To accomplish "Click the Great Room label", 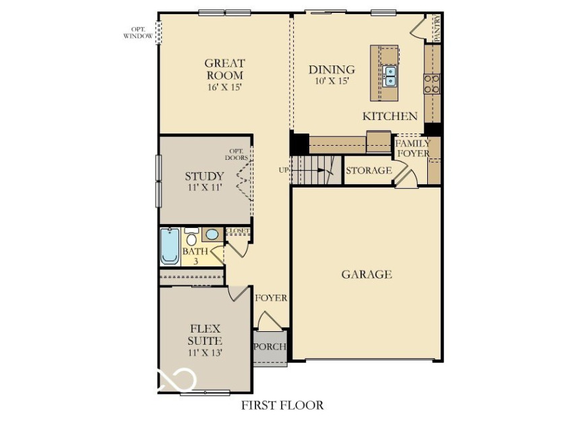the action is pyautogui.click(x=224, y=69).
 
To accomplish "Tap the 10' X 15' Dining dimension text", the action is pyautogui.click(x=332, y=80).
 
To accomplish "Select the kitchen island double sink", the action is pyautogui.click(x=390, y=76).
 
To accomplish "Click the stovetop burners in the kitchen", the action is pyautogui.click(x=431, y=84).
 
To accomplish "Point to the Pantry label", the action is pyautogui.click(x=437, y=28).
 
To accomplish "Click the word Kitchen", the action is pyautogui.click(x=390, y=116).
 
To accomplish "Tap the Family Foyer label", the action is pyautogui.click(x=413, y=148).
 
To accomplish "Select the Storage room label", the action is pyautogui.click(x=369, y=170).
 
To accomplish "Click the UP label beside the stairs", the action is pyautogui.click(x=284, y=170).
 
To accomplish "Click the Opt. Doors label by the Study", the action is pyautogui.click(x=237, y=154).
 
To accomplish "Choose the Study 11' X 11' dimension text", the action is pyautogui.click(x=204, y=188).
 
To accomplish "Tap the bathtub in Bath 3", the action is pyautogui.click(x=170, y=246).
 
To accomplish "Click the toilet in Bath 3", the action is pyautogui.click(x=191, y=237).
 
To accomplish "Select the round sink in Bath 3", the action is pyautogui.click(x=212, y=235).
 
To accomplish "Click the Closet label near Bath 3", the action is pyautogui.click(x=237, y=231).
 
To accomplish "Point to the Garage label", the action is pyautogui.click(x=367, y=275).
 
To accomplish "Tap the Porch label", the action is pyautogui.click(x=270, y=347).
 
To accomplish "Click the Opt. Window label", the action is pyautogui.click(x=138, y=32).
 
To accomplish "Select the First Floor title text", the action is pyautogui.click(x=282, y=405).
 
